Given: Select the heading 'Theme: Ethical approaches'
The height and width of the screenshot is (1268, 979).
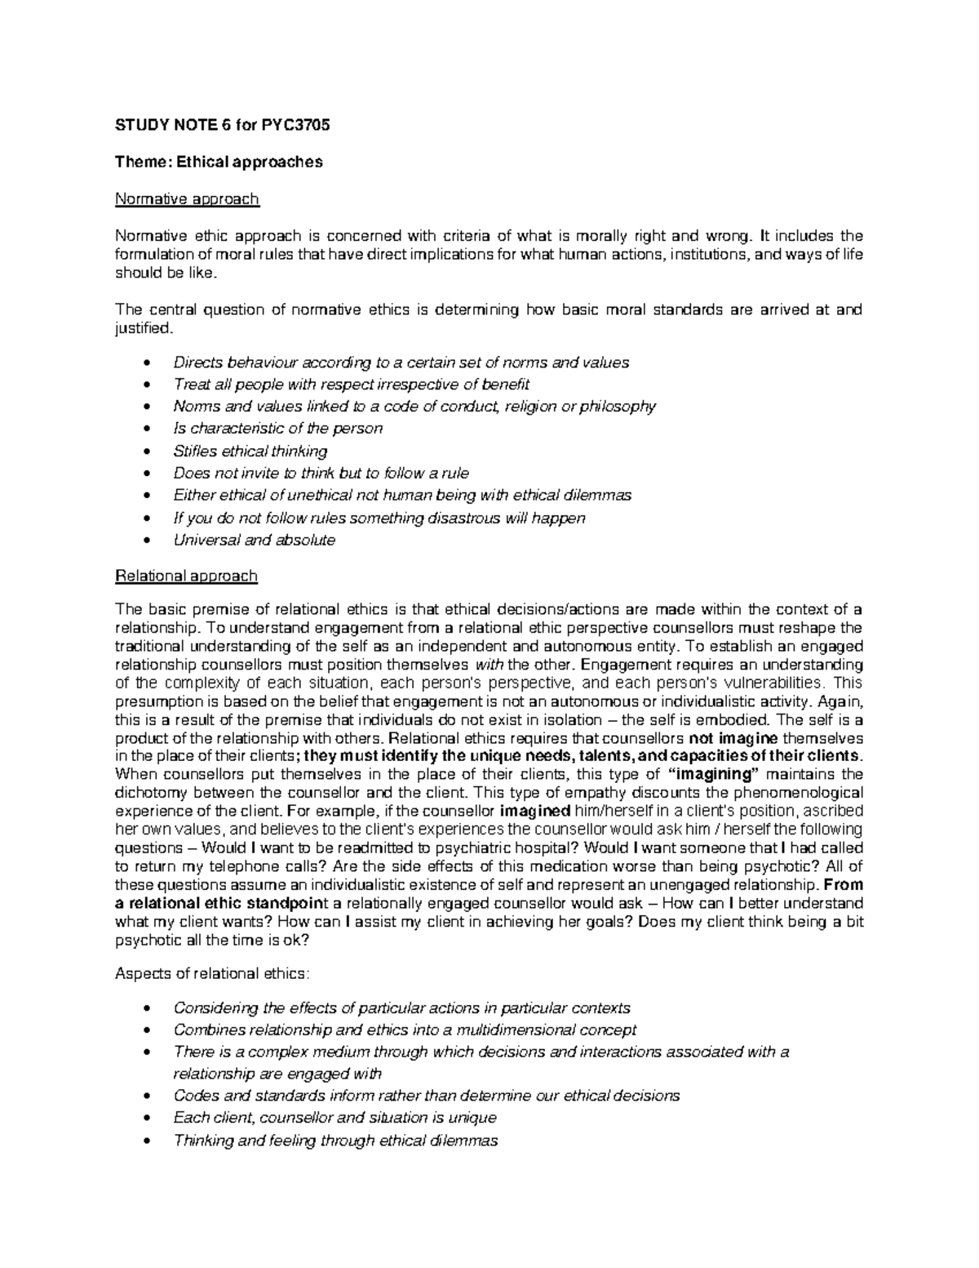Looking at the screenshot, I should [219, 162].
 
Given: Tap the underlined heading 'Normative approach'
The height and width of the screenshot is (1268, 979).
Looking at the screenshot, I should [187, 198].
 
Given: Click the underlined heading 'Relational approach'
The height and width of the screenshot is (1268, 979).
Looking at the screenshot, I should [186, 576].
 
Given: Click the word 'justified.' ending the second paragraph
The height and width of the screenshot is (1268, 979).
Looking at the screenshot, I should [144, 328].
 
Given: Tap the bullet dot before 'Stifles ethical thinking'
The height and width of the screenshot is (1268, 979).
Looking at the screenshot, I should [147, 452].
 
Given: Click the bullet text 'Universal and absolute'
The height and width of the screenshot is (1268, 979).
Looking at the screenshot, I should [254, 540].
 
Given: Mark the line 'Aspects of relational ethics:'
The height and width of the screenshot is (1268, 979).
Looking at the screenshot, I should [212, 973].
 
